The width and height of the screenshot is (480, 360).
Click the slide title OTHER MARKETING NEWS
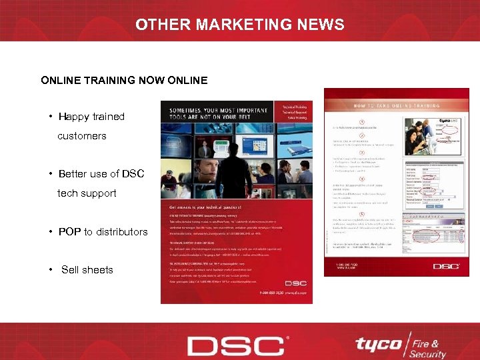click(x=240, y=25)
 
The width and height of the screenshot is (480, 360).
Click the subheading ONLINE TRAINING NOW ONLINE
click(x=124, y=81)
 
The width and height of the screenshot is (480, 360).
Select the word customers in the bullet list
click(x=82, y=136)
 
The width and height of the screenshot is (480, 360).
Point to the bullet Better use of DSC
click(x=101, y=174)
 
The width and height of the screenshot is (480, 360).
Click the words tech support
click(x=87, y=193)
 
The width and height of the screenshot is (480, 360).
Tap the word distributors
click(x=121, y=232)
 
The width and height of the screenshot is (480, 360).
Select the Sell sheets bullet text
click(x=87, y=270)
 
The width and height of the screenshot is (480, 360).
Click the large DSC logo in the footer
click(x=236, y=346)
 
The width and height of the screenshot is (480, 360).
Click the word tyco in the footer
click(x=377, y=345)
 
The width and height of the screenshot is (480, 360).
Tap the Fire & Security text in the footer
click(x=427, y=347)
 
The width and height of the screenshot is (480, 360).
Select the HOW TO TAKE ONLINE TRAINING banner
click(x=400, y=105)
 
